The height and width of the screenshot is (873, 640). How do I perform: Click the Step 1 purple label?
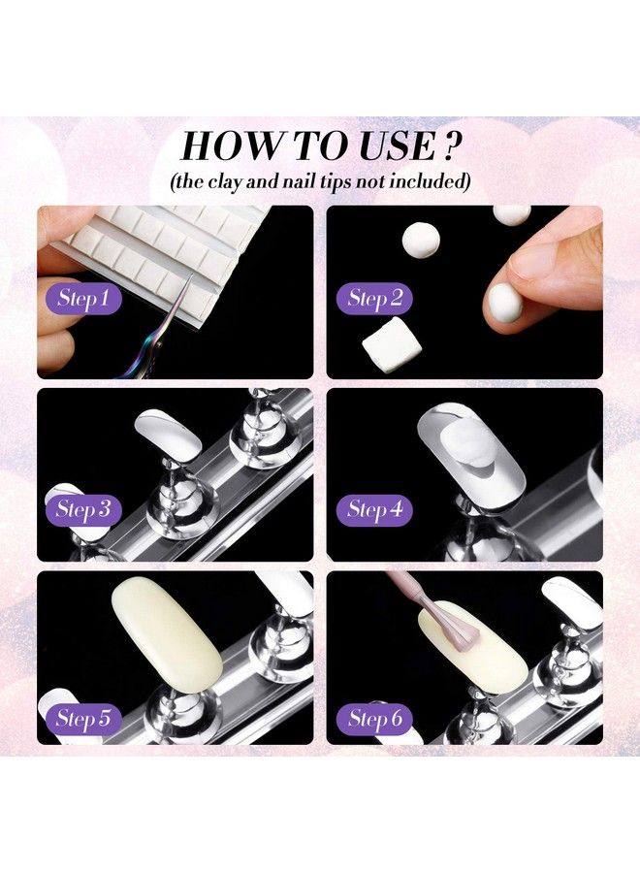pyautogui.click(x=81, y=298)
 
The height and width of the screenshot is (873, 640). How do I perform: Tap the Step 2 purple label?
pyautogui.click(x=373, y=298)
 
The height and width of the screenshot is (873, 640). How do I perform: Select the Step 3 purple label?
pyautogui.click(x=81, y=507)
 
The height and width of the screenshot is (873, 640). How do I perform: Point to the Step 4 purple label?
pyautogui.click(x=373, y=507)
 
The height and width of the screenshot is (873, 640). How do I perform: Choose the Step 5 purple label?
pyautogui.click(x=81, y=719)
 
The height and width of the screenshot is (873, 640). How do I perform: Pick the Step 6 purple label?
pyautogui.click(x=373, y=719)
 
